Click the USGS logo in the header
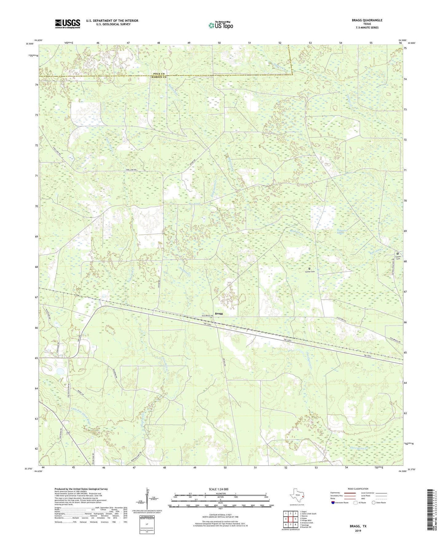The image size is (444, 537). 68,24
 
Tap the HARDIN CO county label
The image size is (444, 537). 159,77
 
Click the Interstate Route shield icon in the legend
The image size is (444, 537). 334,503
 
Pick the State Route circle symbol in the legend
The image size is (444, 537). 373,503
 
